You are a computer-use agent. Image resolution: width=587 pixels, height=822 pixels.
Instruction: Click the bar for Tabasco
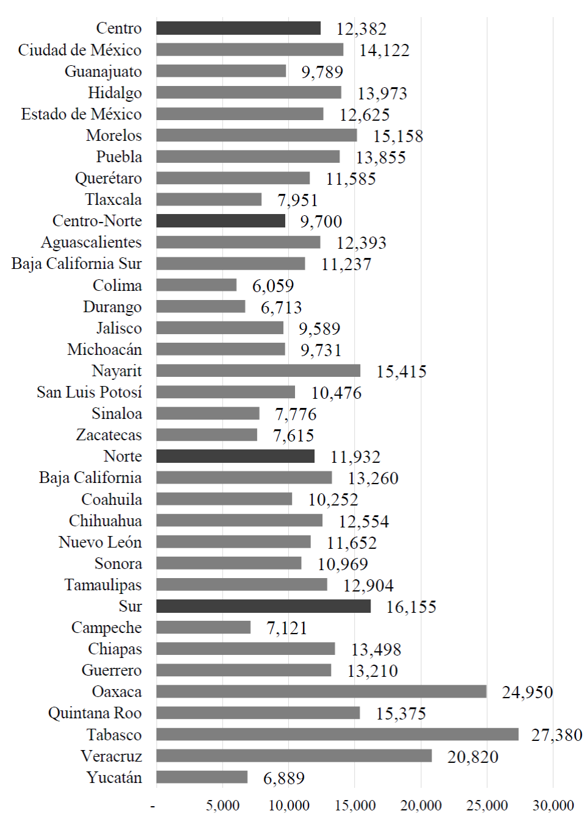(337, 734)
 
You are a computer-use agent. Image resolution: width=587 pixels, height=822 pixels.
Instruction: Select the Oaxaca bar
(321, 692)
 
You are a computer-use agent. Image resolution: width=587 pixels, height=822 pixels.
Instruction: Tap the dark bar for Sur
(263, 606)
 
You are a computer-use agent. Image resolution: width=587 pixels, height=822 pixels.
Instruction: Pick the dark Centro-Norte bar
(221, 221)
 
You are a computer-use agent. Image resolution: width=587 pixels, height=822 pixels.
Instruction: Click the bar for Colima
(196, 285)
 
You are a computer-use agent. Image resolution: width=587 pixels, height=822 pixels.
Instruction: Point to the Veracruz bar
(294, 756)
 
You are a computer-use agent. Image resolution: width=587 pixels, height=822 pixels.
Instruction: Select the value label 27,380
(557, 735)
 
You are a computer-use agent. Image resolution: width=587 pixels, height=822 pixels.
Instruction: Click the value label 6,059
(273, 285)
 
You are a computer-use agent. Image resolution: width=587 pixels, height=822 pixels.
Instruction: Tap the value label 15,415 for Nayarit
(401, 371)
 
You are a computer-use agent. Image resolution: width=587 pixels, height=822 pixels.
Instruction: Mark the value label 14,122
(384, 50)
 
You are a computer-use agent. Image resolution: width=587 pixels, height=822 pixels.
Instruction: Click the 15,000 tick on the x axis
(355, 806)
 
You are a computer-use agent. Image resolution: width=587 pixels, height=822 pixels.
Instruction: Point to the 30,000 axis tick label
(553, 806)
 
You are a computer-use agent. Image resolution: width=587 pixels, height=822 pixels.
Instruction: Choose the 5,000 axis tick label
(222, 806)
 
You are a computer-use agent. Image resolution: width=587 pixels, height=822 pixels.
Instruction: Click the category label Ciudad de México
(80, 50)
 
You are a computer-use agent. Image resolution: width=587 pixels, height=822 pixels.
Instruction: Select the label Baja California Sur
(77, 263)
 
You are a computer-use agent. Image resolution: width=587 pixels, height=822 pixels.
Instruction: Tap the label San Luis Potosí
(89, 392)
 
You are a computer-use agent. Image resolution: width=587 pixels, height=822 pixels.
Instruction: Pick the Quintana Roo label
(95, 713)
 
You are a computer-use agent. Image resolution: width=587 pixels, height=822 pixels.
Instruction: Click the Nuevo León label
(100, 542)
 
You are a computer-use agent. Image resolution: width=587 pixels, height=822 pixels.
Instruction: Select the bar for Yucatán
(202, 777)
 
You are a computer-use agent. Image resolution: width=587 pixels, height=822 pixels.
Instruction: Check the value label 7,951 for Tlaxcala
(297, 200)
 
